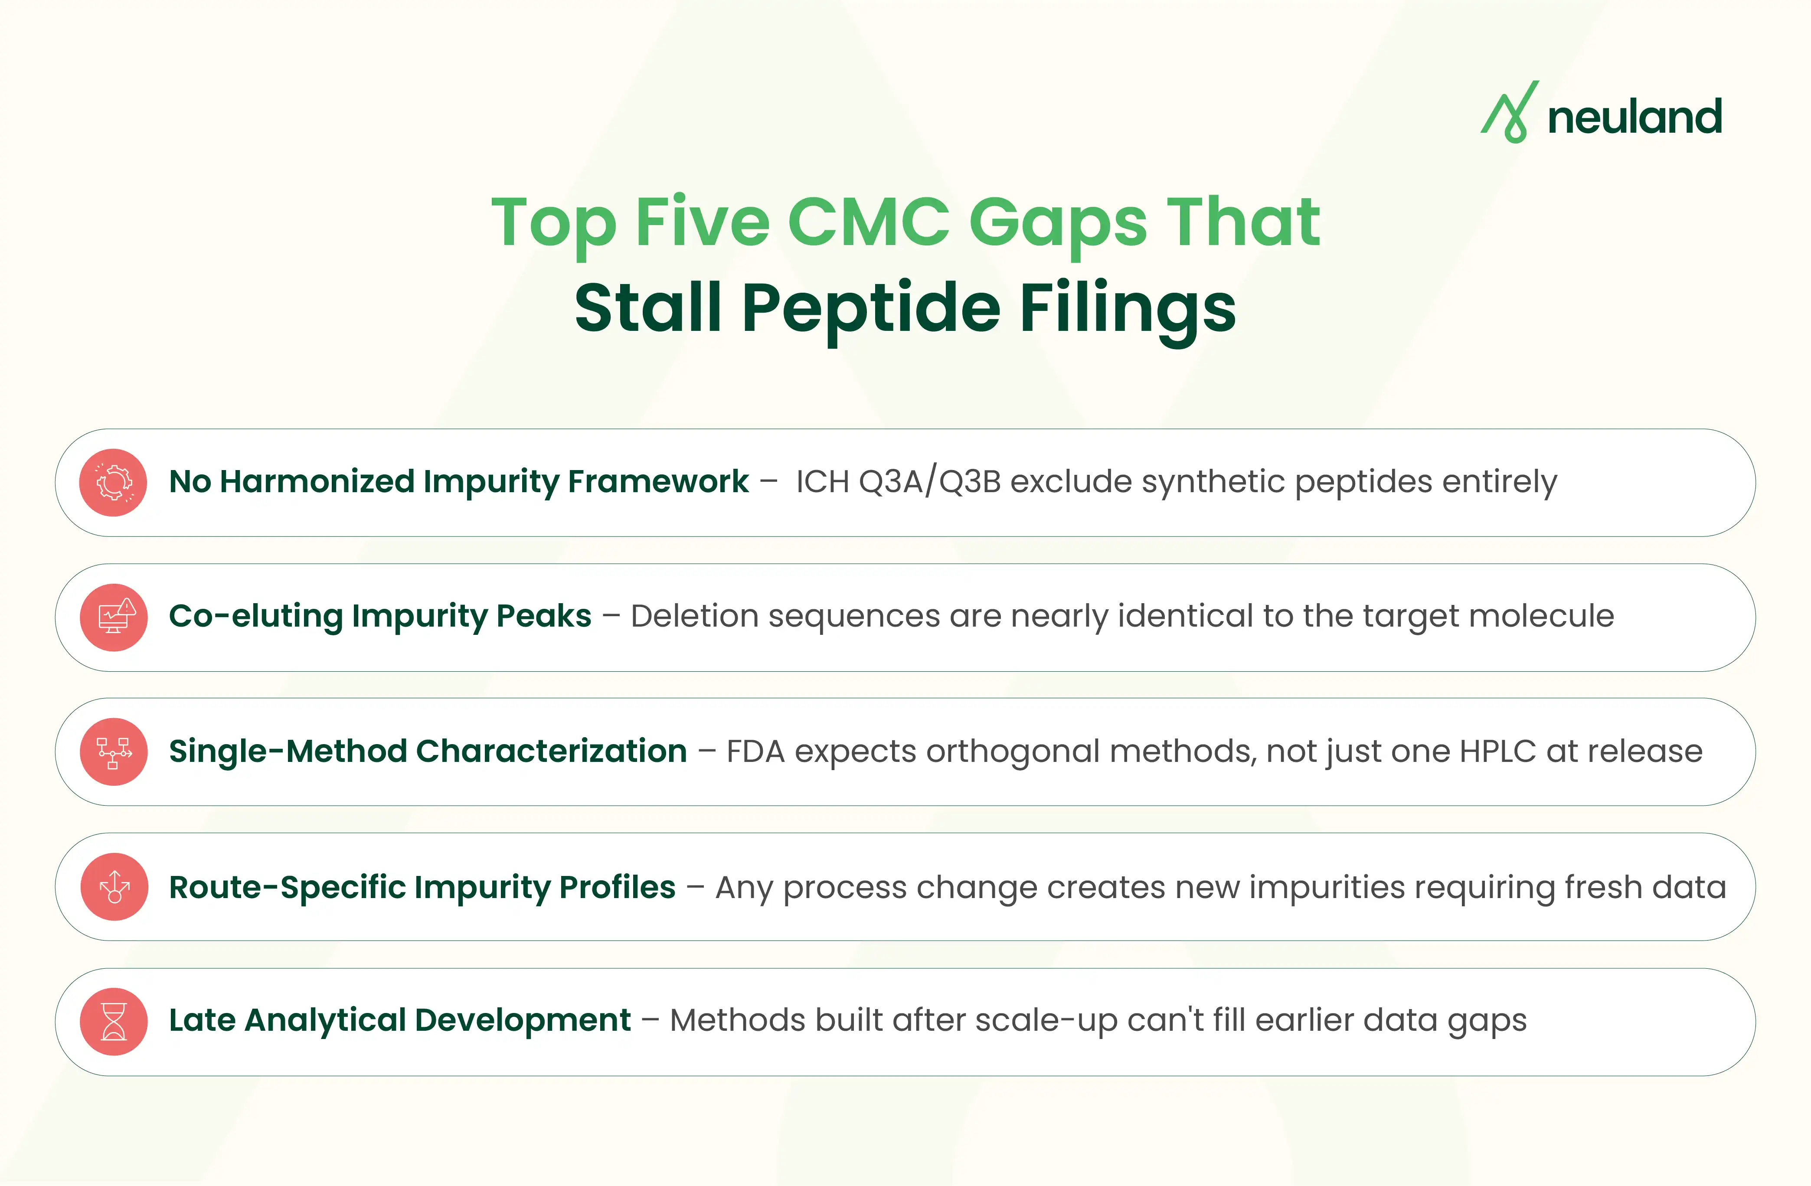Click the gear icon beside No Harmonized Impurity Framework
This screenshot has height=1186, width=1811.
[113, 482]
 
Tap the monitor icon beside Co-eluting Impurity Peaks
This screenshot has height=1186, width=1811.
[113, 617]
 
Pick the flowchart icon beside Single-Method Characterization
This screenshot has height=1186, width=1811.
[113, 751]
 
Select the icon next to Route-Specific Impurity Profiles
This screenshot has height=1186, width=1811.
[113, 887]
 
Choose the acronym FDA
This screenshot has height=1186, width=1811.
[755, 751]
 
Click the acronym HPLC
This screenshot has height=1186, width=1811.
[1497, 751]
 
